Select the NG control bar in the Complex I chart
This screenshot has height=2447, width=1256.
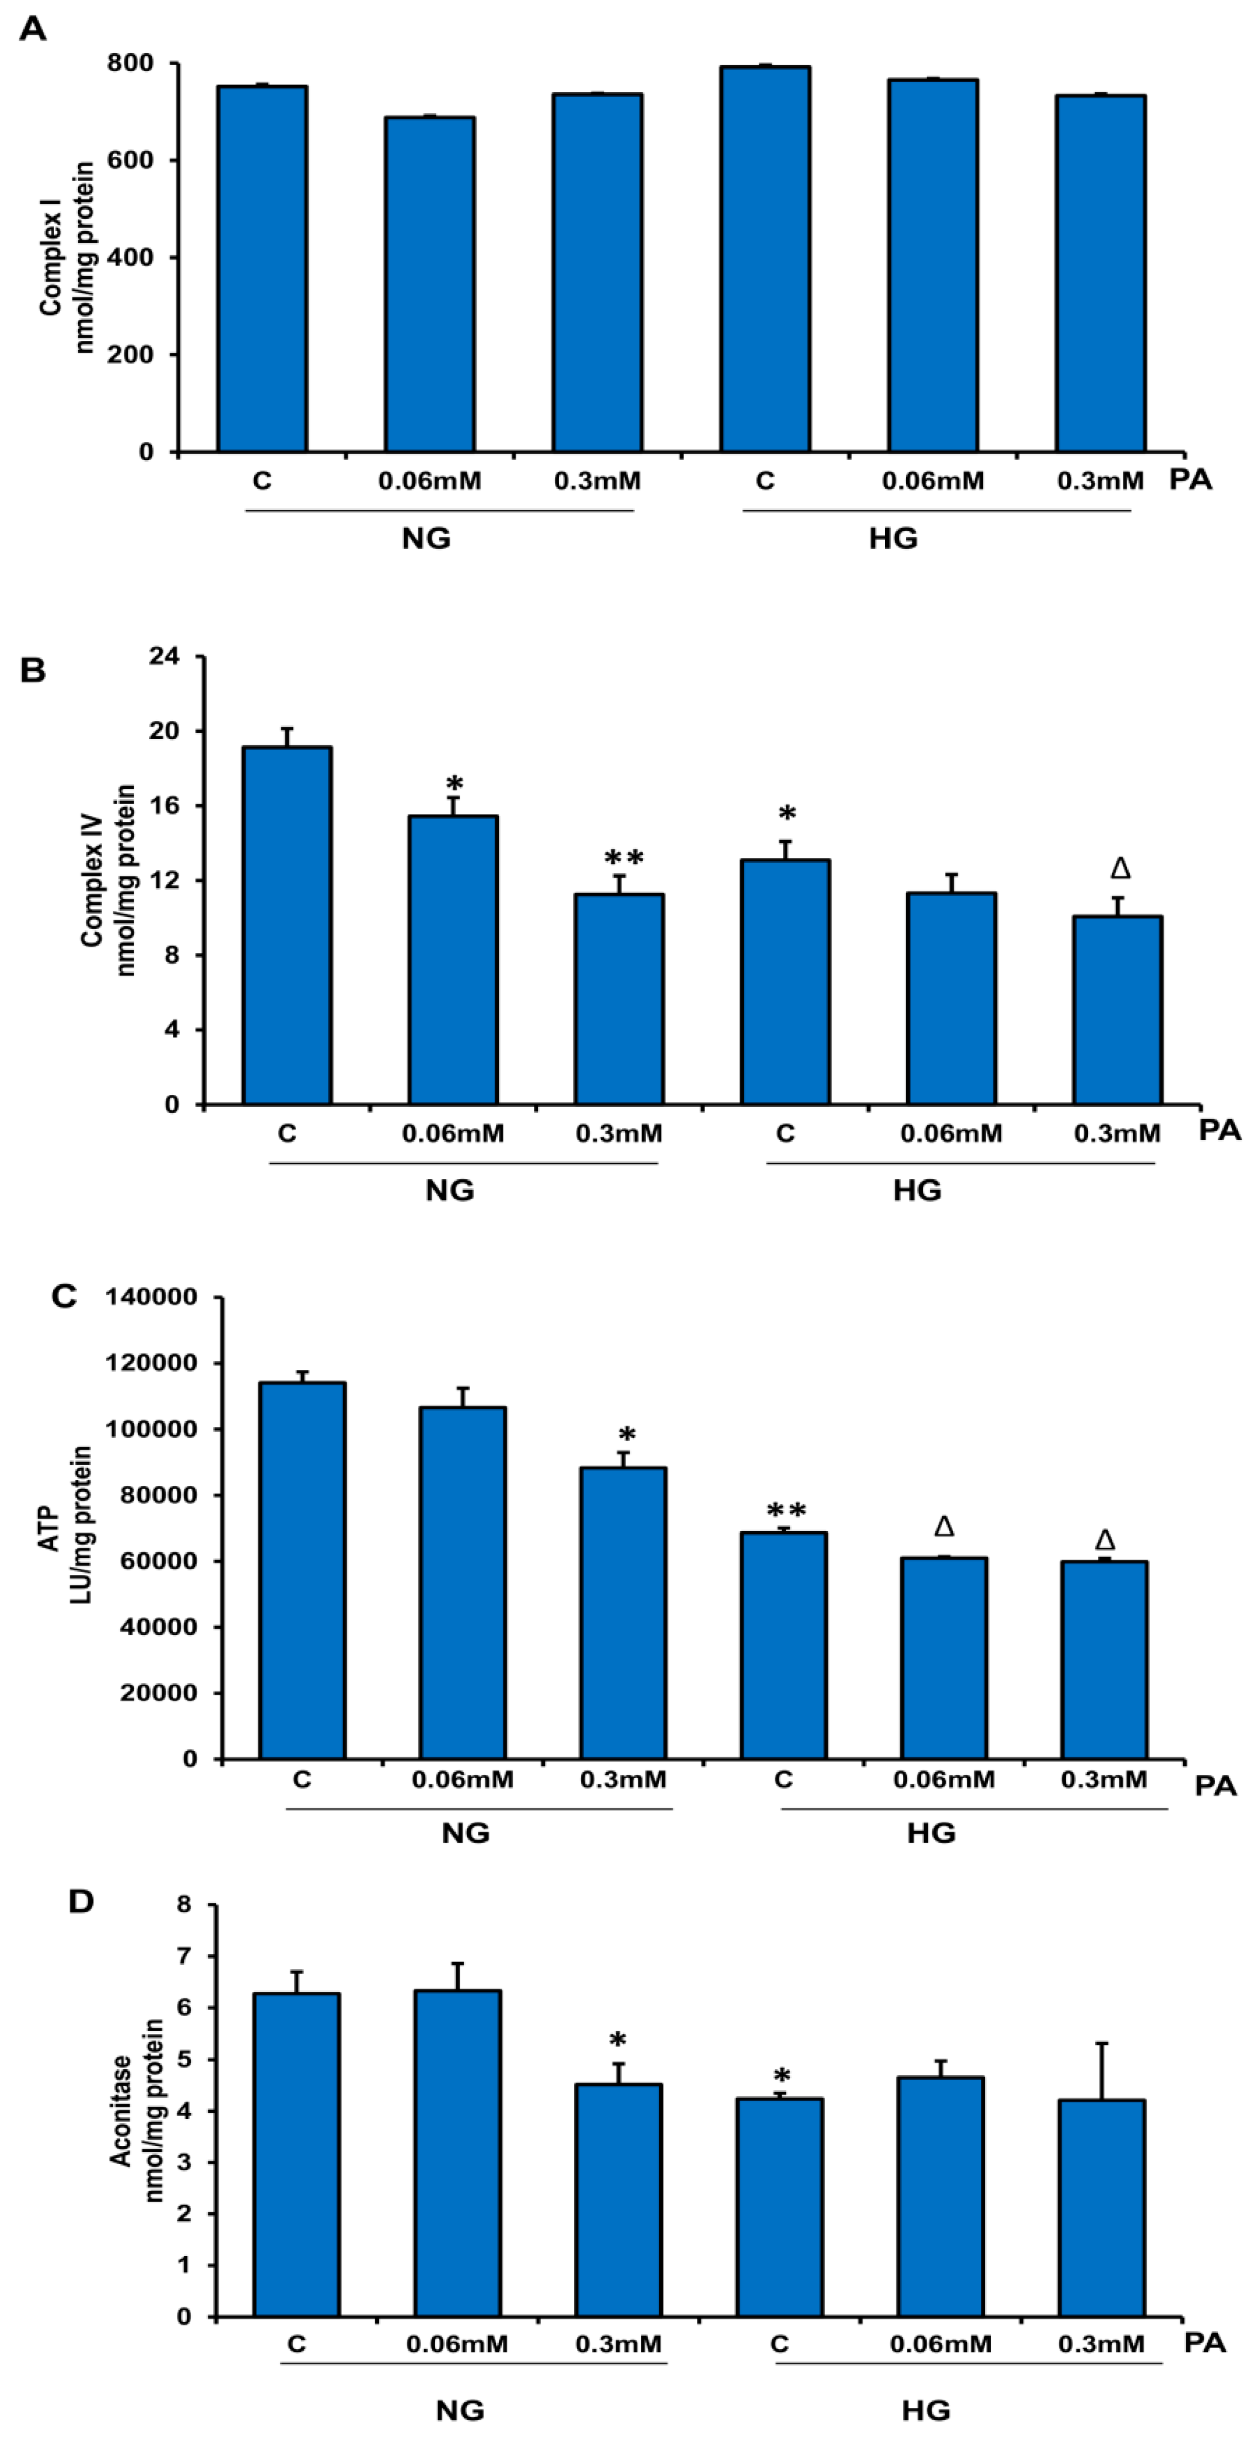pyautogui.click(x=262, y=269)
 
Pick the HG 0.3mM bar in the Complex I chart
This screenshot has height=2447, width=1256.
pyautogui.click(x=1100, y=273)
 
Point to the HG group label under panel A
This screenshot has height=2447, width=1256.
pyautogui.click(x=893, y=539)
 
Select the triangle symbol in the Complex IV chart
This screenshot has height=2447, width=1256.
pyautogui.click(x=1120, y=868)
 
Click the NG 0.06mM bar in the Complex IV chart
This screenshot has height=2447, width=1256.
pyautogui.click(x=453, y=959)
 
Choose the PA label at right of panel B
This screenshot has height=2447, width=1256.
pyautogui.click(x=1220, y=1130)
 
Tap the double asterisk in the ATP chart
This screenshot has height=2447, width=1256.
pyautogui.click(x=787, y=1511)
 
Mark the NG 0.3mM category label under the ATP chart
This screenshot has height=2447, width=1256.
pyautogui.click(x=623, y=1779)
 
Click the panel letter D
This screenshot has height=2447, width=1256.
pyautogui.click(x=82, y=1902)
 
